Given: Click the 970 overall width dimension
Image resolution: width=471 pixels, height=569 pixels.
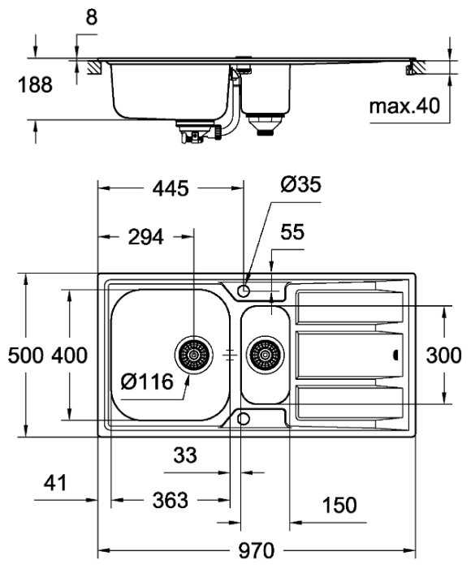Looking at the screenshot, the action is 257,550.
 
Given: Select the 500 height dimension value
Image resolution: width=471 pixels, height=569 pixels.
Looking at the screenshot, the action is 26,356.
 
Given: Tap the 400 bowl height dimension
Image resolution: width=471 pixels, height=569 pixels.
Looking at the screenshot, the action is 69,356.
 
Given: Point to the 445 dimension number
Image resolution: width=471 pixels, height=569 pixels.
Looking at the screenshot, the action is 171,188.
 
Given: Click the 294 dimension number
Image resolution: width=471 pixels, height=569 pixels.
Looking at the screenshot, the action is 146,237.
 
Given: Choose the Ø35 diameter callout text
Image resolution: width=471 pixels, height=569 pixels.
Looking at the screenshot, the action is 301,184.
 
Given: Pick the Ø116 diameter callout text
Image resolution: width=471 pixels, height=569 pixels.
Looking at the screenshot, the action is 147,381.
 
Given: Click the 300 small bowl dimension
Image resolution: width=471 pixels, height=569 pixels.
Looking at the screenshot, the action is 443,356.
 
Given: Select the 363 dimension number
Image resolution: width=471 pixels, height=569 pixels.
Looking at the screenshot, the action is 171,500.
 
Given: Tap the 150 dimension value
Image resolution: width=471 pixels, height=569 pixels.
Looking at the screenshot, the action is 339,505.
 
